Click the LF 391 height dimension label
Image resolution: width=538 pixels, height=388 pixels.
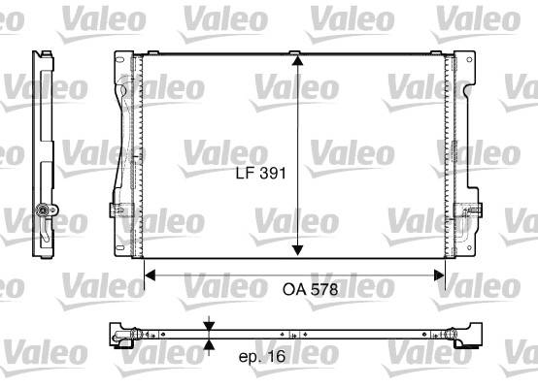[x=261, y=173]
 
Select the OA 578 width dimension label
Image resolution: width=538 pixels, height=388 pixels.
[x=310, y=290]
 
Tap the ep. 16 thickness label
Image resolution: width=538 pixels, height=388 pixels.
[x=262, y=357]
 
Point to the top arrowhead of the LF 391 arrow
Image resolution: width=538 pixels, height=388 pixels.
[x=297, y=60]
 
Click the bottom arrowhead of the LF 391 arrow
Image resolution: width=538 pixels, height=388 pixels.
[x=297, y=250]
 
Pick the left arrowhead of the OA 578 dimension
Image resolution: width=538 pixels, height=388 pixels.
[x=150, y=275]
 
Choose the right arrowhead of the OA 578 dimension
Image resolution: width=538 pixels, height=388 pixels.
[x=439, y=275]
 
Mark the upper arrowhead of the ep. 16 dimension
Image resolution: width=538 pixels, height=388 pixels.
[x=209, y=326]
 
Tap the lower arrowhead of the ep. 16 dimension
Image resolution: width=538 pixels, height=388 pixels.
[x=209, y=344]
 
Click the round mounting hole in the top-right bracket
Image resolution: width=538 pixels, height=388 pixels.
[x=469, y=59]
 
